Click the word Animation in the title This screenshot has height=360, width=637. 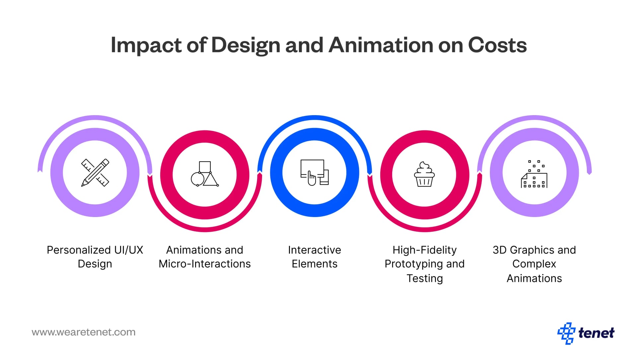pos(381,45)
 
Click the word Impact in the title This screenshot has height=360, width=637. pos(146,45)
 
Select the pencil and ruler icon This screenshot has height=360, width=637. pos(95,173)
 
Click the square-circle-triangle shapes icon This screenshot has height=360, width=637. pos(205,174)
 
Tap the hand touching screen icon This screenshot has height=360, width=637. pos(314,173)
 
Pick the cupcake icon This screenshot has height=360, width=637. pos(424,175)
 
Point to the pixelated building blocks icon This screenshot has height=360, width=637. pos(534,174)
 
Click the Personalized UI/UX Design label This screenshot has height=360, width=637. pos(95,256)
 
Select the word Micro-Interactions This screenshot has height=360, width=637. pos(205,264)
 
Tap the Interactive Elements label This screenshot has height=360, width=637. pos(315,256)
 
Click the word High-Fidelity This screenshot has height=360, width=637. pos(424,250)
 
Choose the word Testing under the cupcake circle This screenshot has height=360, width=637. pos(425,278)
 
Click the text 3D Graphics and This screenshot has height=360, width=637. pos(534,250)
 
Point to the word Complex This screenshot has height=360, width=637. pos(534,264)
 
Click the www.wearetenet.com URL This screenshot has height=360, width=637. pos(84,332)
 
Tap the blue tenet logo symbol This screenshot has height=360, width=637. pos(566,333)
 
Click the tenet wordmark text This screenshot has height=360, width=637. pos(596,333)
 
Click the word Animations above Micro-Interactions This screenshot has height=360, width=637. pos(189,250)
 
